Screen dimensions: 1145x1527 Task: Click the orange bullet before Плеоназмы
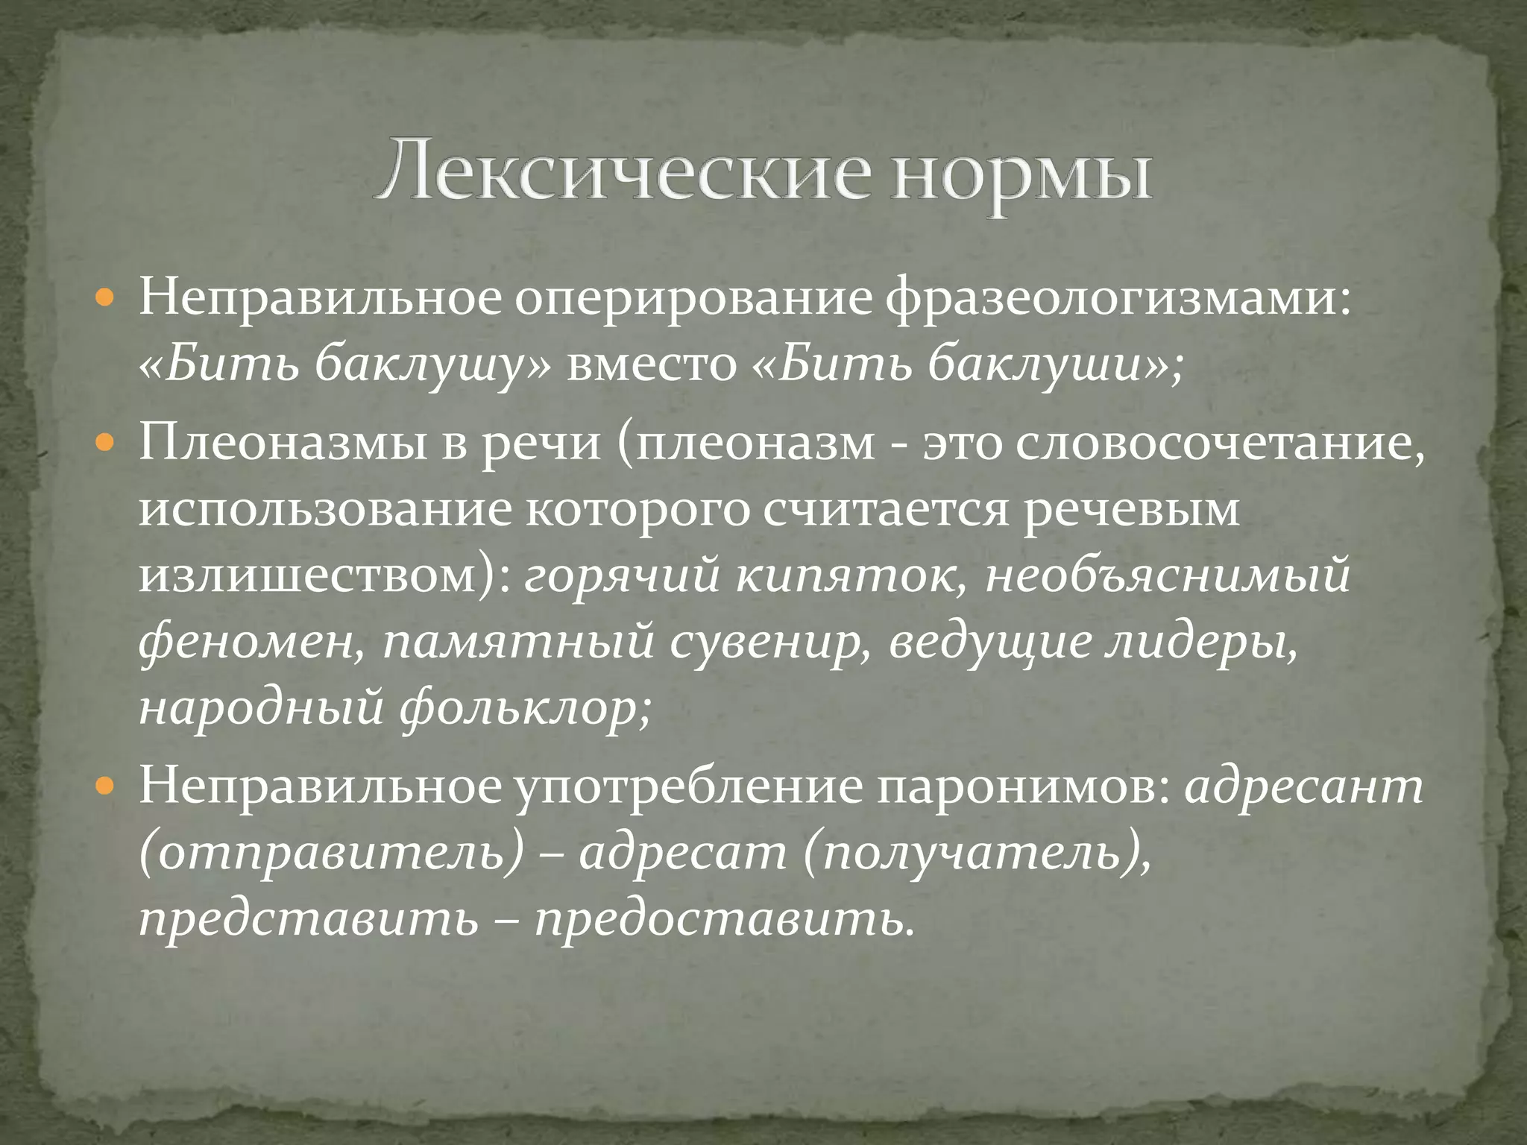point(107,444)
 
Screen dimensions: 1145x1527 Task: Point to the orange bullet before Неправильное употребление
point(107,786)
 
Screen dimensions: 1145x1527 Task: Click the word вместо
point(651,365)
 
